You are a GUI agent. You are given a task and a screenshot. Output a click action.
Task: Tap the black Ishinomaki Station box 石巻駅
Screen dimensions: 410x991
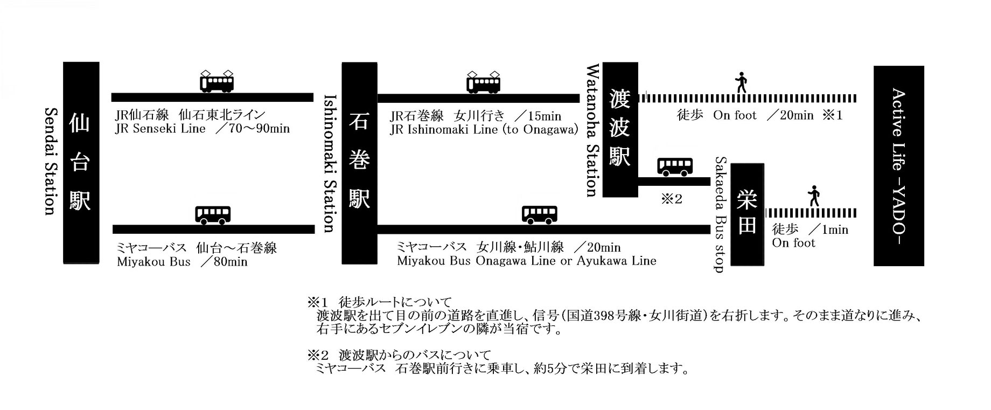(359, 163)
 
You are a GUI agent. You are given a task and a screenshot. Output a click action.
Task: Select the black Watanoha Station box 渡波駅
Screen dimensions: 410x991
(620, 129)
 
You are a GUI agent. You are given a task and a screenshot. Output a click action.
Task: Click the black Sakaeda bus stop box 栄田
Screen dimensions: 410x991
(747, 214)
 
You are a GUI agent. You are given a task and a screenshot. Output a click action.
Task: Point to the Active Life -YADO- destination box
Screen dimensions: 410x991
(898, 166)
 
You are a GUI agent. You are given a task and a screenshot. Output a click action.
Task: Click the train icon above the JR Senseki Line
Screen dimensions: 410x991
(217, 81)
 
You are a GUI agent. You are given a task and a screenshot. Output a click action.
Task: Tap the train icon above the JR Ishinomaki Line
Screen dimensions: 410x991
(483, 82)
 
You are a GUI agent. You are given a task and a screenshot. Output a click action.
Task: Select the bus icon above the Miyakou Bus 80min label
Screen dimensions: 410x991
(213, 214)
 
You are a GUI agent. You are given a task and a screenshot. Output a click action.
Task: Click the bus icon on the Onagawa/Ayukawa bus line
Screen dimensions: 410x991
(540, 214)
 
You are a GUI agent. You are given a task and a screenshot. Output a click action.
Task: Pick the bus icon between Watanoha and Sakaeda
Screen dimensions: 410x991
(675, 166)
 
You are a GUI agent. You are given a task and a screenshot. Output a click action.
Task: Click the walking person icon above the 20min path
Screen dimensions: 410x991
(742, 82)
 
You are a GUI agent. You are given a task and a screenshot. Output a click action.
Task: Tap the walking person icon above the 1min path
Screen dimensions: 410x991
(814, 196)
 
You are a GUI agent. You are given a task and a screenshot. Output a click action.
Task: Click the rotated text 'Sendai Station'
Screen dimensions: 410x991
(50, 161)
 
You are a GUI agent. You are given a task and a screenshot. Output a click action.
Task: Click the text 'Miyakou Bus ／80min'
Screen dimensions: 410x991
(182, 262)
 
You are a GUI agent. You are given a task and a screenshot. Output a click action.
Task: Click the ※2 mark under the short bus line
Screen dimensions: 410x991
(671, 199)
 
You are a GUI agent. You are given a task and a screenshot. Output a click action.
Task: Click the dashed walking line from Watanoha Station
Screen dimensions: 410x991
(748, 98)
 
